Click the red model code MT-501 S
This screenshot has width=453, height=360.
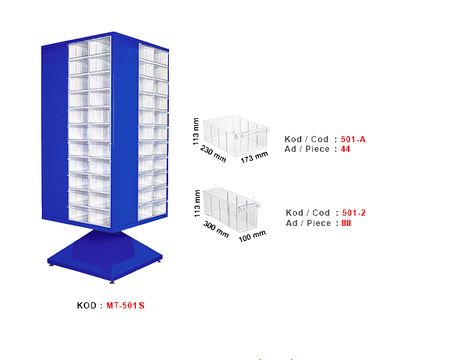click(125, 306)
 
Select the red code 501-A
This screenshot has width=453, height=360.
click(353, 139)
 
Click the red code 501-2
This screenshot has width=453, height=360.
click(353, 213)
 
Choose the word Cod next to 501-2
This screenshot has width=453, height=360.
click(320, 213)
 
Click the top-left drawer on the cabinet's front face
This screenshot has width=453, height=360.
click(78, 49)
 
